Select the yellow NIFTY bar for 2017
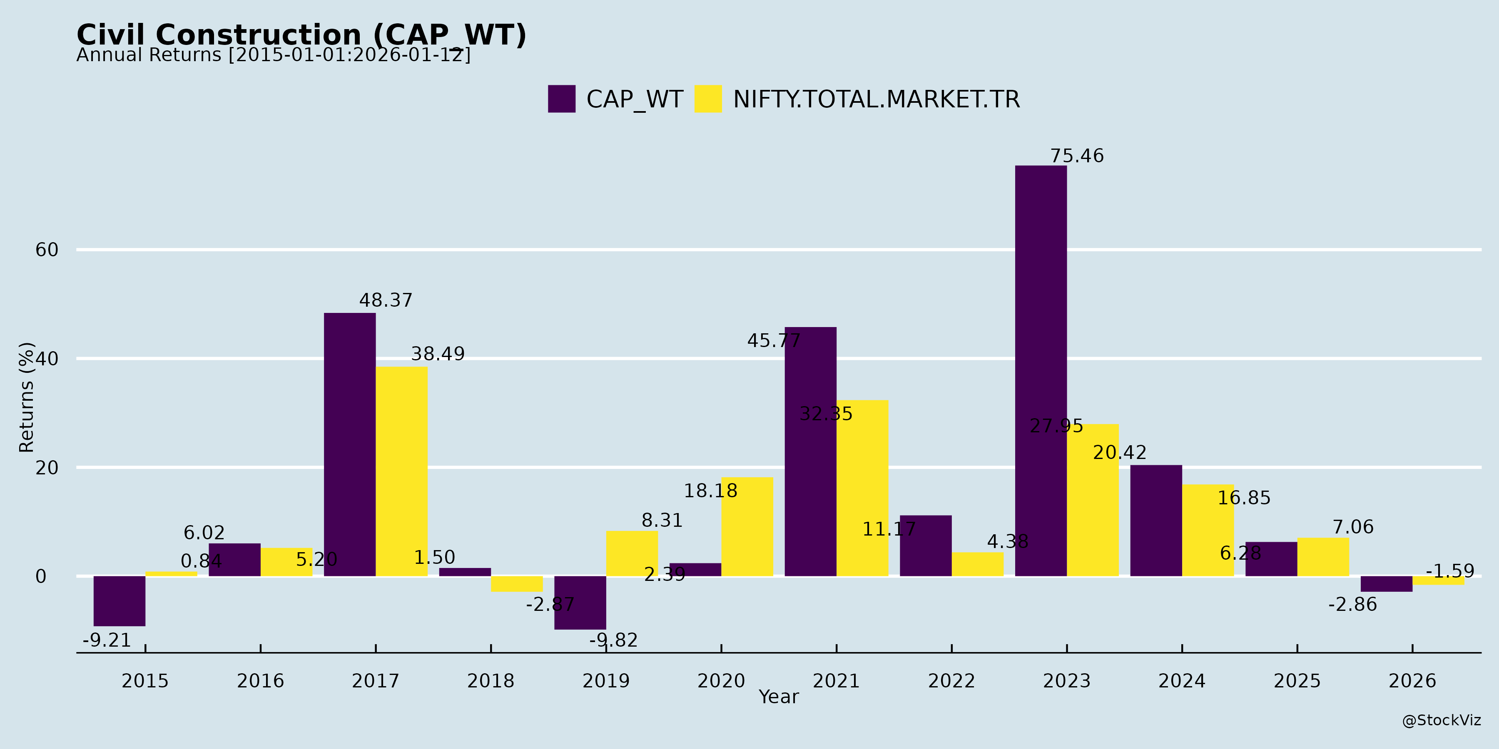pyautogui.click(x=401, y=471)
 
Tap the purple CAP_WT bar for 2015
pyautogui.click(x=119, y=601)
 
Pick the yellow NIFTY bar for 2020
pyautogui.click(x=747, y=527)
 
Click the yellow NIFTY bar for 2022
pyautogui.click(x=978, y=564)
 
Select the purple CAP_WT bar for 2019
pyautogui.click(x=580, y=603)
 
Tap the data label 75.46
pyautogui.click(x=1076, y=156)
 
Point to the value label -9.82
pyautogui.click(x=613, y=640)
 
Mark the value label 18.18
pyautogui.click(x=710, y=491)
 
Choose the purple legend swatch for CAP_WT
pyautogui.click(x=562, y=99)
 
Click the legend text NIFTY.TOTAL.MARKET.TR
pyautogui.click(x=876, y=99)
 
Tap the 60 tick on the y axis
pyautogui.click(x=47, y=250)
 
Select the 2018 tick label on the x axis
pyautogui.click(x=491, y=680)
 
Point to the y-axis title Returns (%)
pyautogui.click(x=27, y=397)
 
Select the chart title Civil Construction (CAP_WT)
pyautogui.click(x=301, y=35)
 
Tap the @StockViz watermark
pyautogui.click(x=1441, y=721)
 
